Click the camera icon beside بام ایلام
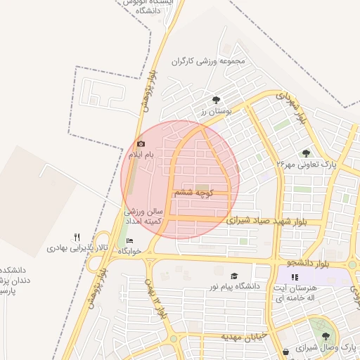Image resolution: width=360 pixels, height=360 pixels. (141, 144)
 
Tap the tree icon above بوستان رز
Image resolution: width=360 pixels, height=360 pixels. (215, 100)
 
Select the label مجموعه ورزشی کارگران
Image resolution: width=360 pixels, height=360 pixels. (210, 61)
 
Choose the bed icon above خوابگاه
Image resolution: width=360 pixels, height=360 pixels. (129, 241)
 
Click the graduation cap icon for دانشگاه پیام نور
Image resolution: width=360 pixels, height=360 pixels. (233, 276)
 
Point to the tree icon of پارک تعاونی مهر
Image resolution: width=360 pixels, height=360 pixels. (306, 153)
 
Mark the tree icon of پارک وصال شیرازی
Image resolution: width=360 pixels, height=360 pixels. (325, 336)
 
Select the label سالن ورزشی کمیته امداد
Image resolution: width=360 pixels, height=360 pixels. (144, 216)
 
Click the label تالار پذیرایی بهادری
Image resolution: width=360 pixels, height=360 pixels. (70, 248)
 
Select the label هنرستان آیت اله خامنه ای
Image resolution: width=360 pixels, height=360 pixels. (293, 293)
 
